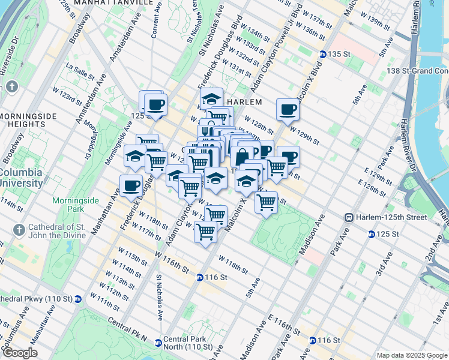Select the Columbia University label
[x=21, y=178]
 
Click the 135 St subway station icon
[x=322, y=54]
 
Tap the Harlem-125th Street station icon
[x=348, y=217]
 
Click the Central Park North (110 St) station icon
[x=158, y=343]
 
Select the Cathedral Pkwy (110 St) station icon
[x=78, y=299]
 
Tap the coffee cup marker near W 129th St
[x=288, y=109]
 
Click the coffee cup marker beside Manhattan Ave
[x=131, y=185]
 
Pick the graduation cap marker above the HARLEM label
[x=211, y=98]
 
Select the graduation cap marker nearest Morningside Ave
[x=135, y=156]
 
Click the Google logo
[x=19, y=353]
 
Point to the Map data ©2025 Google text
[x=412, y=355]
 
